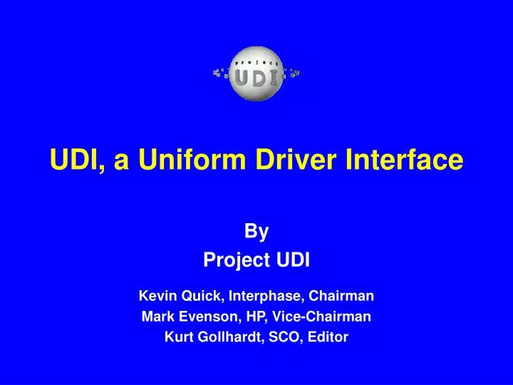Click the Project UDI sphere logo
click(x=256, y=73)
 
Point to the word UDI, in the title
click(x=77, y=160)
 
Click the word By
click(x=256, y=231)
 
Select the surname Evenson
click(x=204, y=317)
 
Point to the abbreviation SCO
click(x=284, y=338)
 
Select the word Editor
click(x=327, y=338)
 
